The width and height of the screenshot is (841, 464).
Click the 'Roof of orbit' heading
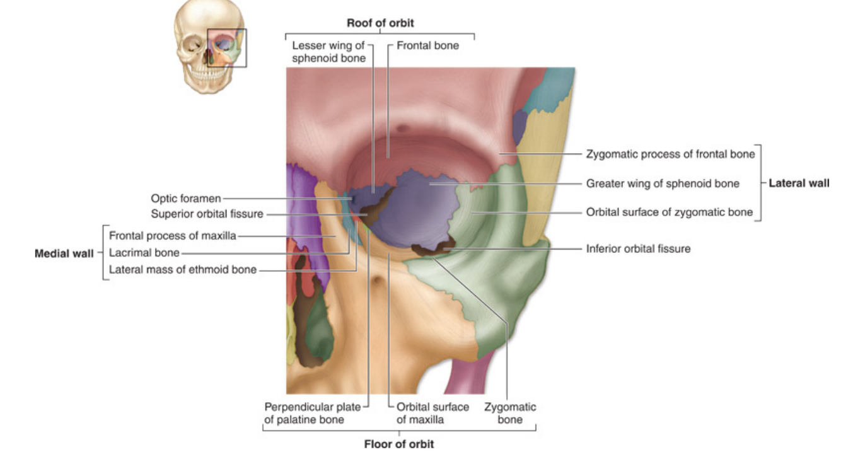380,23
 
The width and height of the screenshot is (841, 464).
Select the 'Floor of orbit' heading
398,444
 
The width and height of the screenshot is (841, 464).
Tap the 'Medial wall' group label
64,253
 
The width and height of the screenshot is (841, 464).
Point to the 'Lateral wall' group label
799,183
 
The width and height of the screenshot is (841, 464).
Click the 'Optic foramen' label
186,198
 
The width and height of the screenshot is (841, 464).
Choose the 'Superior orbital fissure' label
207,214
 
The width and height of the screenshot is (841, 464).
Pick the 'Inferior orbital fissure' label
638,248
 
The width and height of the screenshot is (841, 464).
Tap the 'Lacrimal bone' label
144,253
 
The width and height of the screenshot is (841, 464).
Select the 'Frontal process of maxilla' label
172,236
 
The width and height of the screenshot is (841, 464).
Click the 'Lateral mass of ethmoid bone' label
183,270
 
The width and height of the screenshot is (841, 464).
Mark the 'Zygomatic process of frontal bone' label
670,153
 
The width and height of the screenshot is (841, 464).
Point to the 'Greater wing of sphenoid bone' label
663,183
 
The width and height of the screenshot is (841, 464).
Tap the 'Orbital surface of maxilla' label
432,413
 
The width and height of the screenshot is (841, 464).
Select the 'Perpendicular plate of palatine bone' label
312,413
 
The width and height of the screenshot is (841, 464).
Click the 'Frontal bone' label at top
427,45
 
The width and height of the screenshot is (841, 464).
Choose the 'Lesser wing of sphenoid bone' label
328,52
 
